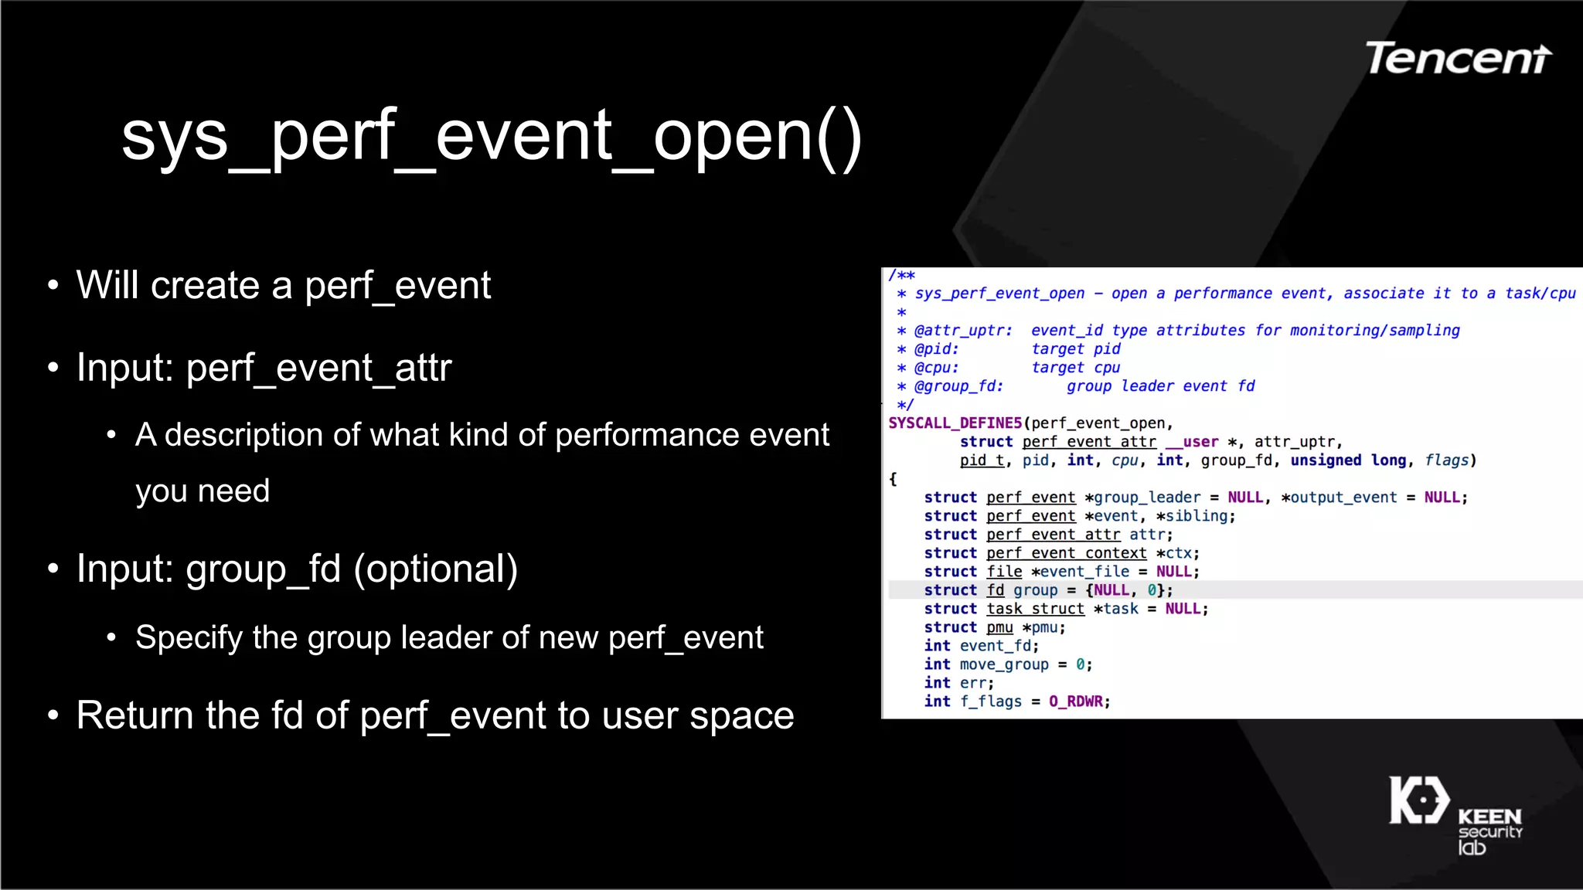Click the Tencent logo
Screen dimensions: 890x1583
point(1458,59)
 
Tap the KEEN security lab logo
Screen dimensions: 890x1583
point(1455,816)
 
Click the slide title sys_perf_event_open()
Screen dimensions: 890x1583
point(492,138)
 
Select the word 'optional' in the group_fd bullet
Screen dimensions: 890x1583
point(436,569)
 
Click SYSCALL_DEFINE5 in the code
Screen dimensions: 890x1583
point(955,423)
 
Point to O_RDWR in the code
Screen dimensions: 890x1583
point(1075,701)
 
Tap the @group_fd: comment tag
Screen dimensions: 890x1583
point(958,386)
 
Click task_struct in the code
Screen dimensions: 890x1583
point(1035,609)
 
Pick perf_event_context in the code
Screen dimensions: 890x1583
point(1066,553)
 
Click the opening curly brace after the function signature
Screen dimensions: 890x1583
point(893,479)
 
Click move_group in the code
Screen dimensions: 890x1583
point(1004,664)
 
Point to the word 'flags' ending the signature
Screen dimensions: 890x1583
point(1446,460)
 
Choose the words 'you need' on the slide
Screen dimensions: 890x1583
point(203,491)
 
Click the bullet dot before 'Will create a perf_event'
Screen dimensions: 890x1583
point(53,286)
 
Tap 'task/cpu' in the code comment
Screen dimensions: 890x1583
point(1540,294)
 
